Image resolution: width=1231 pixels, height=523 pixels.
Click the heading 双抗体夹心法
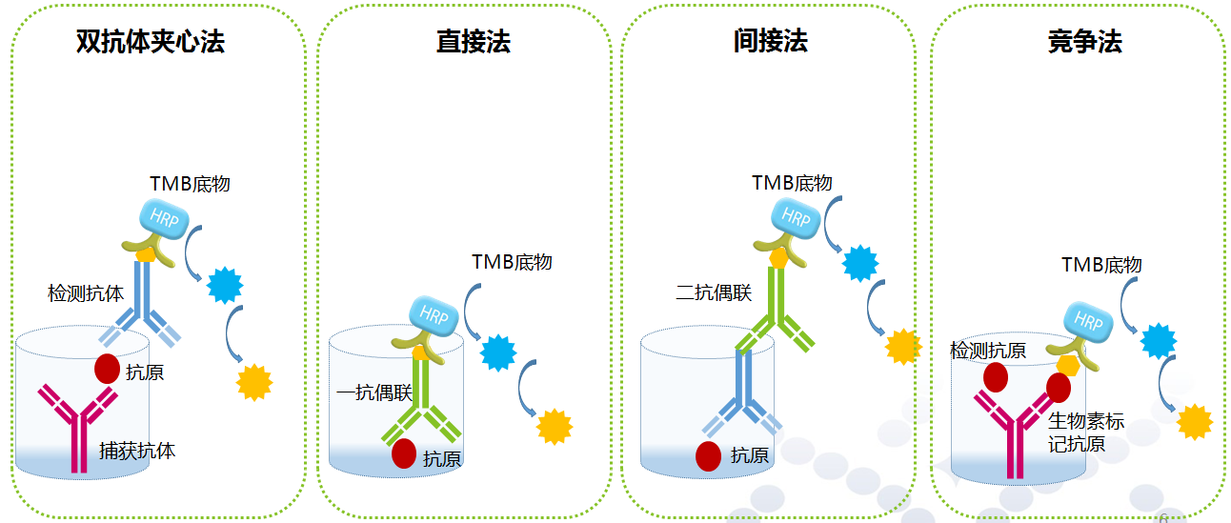[x=151, y=42]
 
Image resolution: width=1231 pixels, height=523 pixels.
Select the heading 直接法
[x=473, y=42]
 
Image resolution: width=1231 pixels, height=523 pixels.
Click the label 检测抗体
[x=86, y=293]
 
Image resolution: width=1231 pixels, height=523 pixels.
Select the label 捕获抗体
[x=137, y=450]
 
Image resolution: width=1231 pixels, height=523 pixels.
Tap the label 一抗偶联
[x=374, y=392]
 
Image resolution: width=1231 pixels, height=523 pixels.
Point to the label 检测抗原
[x=988, y=351]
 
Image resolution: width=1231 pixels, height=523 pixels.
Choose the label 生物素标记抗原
[x=1085, y=432]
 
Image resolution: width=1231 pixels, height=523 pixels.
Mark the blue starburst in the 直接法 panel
[x=498, y=352]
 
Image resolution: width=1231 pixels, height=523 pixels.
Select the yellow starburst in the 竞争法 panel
[x=1194, y=421]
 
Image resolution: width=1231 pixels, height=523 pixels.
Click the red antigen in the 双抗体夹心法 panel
[x=107, y=369]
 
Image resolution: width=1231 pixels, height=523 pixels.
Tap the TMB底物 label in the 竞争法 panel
[x=1101, y=265]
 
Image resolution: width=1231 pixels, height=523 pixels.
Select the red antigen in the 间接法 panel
[x=708, y=456]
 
